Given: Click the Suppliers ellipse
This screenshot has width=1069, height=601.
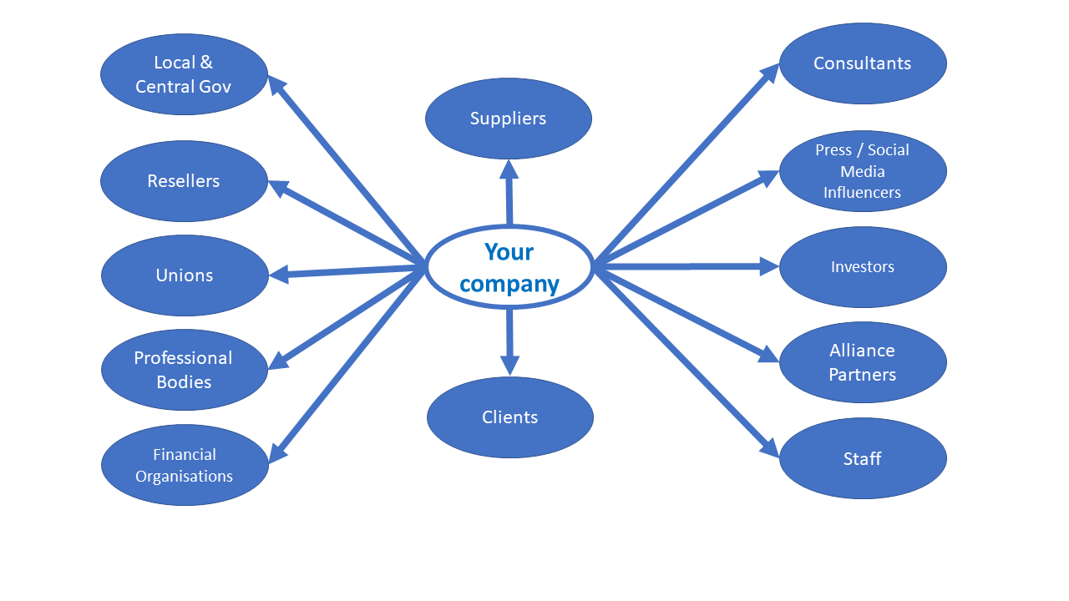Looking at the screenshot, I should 508,119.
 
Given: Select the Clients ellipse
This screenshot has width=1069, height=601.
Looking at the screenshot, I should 509,417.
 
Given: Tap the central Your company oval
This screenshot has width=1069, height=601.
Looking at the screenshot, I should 509,267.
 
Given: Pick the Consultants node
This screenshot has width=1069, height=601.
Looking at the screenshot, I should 862,63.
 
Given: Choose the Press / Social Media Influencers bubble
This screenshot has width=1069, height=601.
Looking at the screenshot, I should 862,171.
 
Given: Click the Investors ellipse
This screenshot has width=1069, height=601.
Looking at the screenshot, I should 862,267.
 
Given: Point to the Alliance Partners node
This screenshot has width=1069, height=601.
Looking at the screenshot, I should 862,362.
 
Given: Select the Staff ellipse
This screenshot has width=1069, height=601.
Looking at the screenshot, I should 862,458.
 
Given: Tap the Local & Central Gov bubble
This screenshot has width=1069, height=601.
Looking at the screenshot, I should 184,74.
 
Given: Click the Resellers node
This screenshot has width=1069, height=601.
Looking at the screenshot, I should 184,181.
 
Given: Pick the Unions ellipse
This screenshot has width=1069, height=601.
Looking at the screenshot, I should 185,275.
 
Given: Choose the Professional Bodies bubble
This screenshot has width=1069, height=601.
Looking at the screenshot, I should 184,370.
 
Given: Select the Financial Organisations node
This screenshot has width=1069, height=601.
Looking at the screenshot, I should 185,465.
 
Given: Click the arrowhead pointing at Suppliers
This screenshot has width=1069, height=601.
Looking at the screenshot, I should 509,169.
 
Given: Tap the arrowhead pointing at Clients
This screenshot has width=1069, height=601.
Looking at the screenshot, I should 509,366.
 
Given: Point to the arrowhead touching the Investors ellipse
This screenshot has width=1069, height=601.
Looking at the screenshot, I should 769,267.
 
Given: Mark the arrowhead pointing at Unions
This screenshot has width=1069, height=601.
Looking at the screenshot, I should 279,274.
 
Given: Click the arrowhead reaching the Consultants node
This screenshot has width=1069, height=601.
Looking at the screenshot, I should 769,73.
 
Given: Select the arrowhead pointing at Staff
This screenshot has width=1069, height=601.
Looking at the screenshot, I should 769,449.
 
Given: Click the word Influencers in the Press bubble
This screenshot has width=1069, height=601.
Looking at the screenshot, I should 862,193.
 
